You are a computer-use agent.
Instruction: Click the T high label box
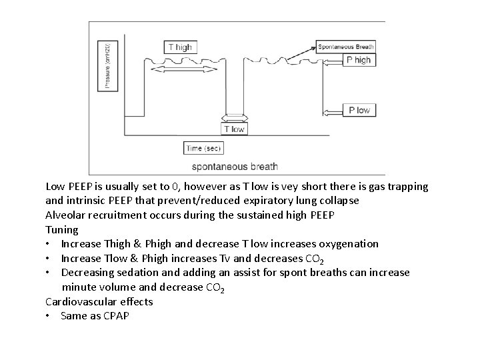pyautogui.click(x=180, y=47)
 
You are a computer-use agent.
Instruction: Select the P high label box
pyautogui.click(x=359, y=60)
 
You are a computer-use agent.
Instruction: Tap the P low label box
pyautogui.click(x=359, y=110)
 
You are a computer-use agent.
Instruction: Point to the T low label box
pyautogui.click(x=234, y=129)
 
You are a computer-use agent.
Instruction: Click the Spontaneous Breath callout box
pyautogui.click(x=346, y=47)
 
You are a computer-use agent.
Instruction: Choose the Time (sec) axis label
pyautogui.click(x=204, y=148)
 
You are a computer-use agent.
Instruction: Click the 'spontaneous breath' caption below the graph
pyautogui.click(x=235, y=166)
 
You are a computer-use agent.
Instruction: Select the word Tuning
pyautogui.click(x=62, y=229)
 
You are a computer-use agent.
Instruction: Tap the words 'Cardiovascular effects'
pyautogui.click(x=99, y=301)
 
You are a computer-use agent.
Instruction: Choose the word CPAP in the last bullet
pyautogui.click(x=115, y=315)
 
